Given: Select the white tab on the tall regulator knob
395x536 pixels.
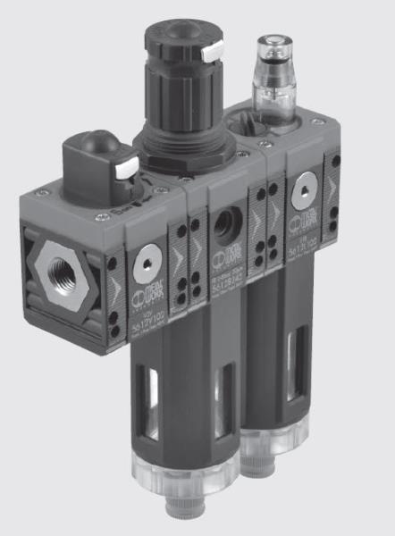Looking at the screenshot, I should pyautogui.click(x=213, y=54).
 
